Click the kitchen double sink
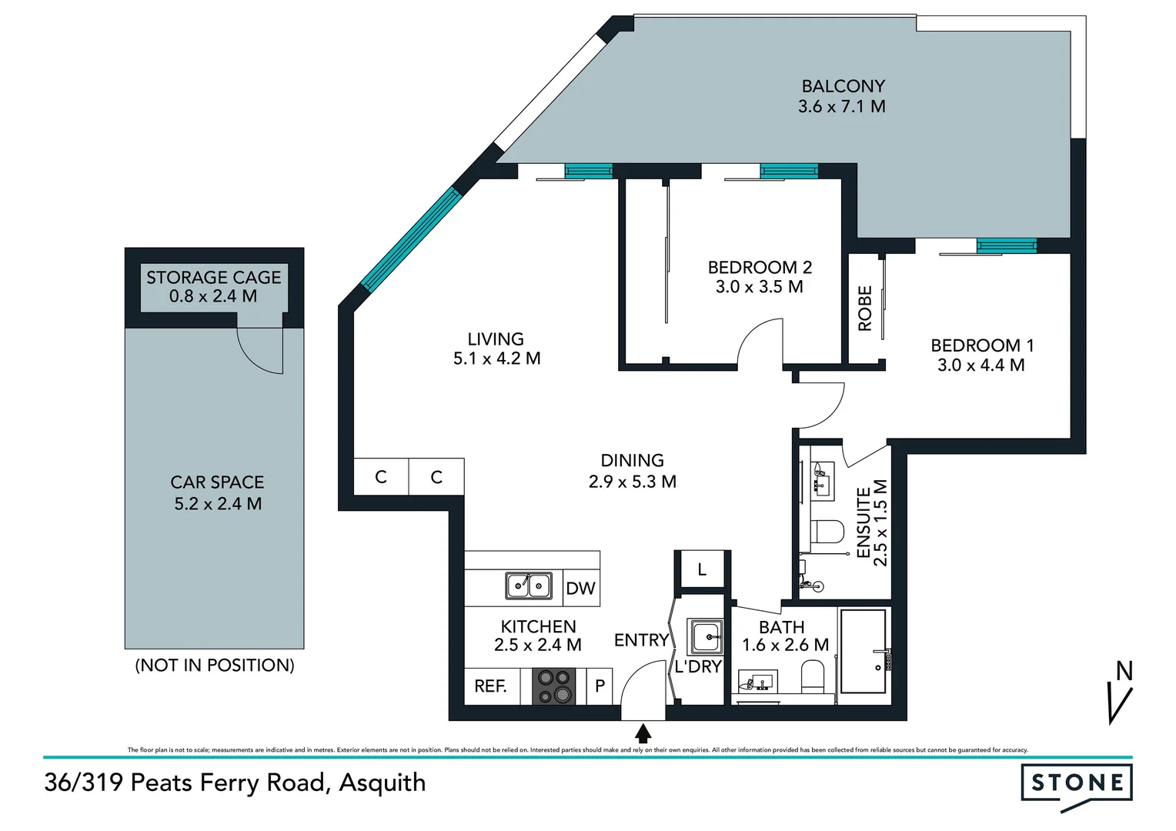(528, 586)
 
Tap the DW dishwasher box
(580, 589)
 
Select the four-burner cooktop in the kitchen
(554, 686)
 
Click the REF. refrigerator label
(490, 686)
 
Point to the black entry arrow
(643, 733)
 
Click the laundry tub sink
(705, 637)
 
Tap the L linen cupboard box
(701, 570)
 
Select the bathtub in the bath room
(863, 652)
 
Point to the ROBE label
(865, 309)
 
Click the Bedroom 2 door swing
(760, 344)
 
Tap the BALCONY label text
(843, 86)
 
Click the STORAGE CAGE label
(213, 278)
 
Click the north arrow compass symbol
(1121, 692)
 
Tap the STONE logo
(1076, 784)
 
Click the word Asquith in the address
(383, 783)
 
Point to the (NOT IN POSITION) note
(214, 666)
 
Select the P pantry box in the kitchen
(600, 686)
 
